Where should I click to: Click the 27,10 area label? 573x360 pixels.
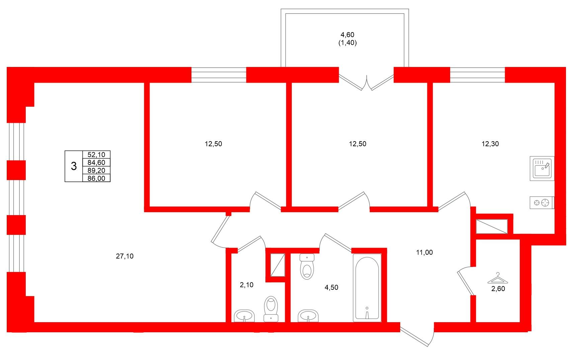click(x=125, y=256)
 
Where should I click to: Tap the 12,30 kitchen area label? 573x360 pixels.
click(x=490, y=144)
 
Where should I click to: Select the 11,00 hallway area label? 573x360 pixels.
click(x=424, y=253)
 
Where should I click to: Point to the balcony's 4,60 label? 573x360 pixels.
click(x=347, y=35)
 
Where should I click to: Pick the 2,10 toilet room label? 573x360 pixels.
click(x=247, y=285)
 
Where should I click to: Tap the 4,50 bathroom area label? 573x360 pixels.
click(x=331, y=288)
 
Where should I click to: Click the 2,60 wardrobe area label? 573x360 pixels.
click(x=498, y=289)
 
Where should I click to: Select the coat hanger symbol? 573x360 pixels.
click(x=498, y=278)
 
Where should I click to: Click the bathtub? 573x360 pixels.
click(x=367, y=288)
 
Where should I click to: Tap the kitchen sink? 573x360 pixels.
click(x=542, y=169)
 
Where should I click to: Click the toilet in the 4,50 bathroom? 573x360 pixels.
click(x=307, y=266)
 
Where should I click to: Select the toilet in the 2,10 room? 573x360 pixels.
click(x=271, y=309)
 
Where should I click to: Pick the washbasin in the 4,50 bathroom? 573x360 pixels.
click(x=308, y=316)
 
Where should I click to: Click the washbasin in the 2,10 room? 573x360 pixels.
click(x=244, y=316)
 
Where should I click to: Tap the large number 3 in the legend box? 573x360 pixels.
click(x=74, y=166)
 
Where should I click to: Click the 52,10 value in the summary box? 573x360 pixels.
click(x=96, y=155)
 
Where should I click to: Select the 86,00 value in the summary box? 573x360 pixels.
click(x=96, y=178)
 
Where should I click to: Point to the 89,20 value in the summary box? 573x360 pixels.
click(x=96, y=171)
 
